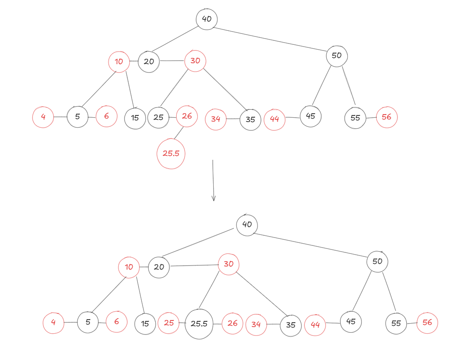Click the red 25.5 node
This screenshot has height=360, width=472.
pos(171,154)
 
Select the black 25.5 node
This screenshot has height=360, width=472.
pos(199,324)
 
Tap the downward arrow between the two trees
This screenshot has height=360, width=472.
pos(213,180)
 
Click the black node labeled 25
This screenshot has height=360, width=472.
pos(158,118)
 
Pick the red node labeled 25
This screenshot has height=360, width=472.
pos(169,323)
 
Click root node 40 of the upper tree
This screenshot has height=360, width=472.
pos(207,19)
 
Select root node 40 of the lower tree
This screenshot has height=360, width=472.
pos(247,225)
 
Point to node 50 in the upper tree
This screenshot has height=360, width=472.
pos(336,56)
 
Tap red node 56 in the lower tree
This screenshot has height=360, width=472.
pos(427,323)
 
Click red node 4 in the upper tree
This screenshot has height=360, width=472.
pos(43,117)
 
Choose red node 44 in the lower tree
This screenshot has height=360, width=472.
pos(315,325)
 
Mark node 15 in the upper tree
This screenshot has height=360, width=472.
pos(135,118)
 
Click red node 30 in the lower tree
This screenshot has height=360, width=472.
pos(229,264)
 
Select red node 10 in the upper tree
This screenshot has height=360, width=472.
pos(119,62)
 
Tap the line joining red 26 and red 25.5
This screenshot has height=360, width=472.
pos(179,133)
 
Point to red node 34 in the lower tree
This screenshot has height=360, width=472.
pos(256,325)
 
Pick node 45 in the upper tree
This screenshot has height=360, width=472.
pos(311,116)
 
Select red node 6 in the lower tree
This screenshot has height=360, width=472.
pos(116,322)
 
